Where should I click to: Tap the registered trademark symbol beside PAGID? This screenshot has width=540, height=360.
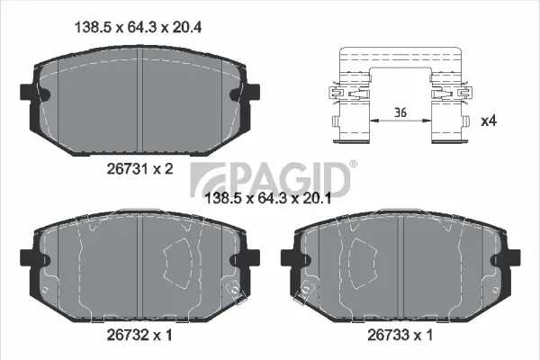click(352, 165)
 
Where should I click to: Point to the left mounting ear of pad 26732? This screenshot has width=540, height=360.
click(25, 260)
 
